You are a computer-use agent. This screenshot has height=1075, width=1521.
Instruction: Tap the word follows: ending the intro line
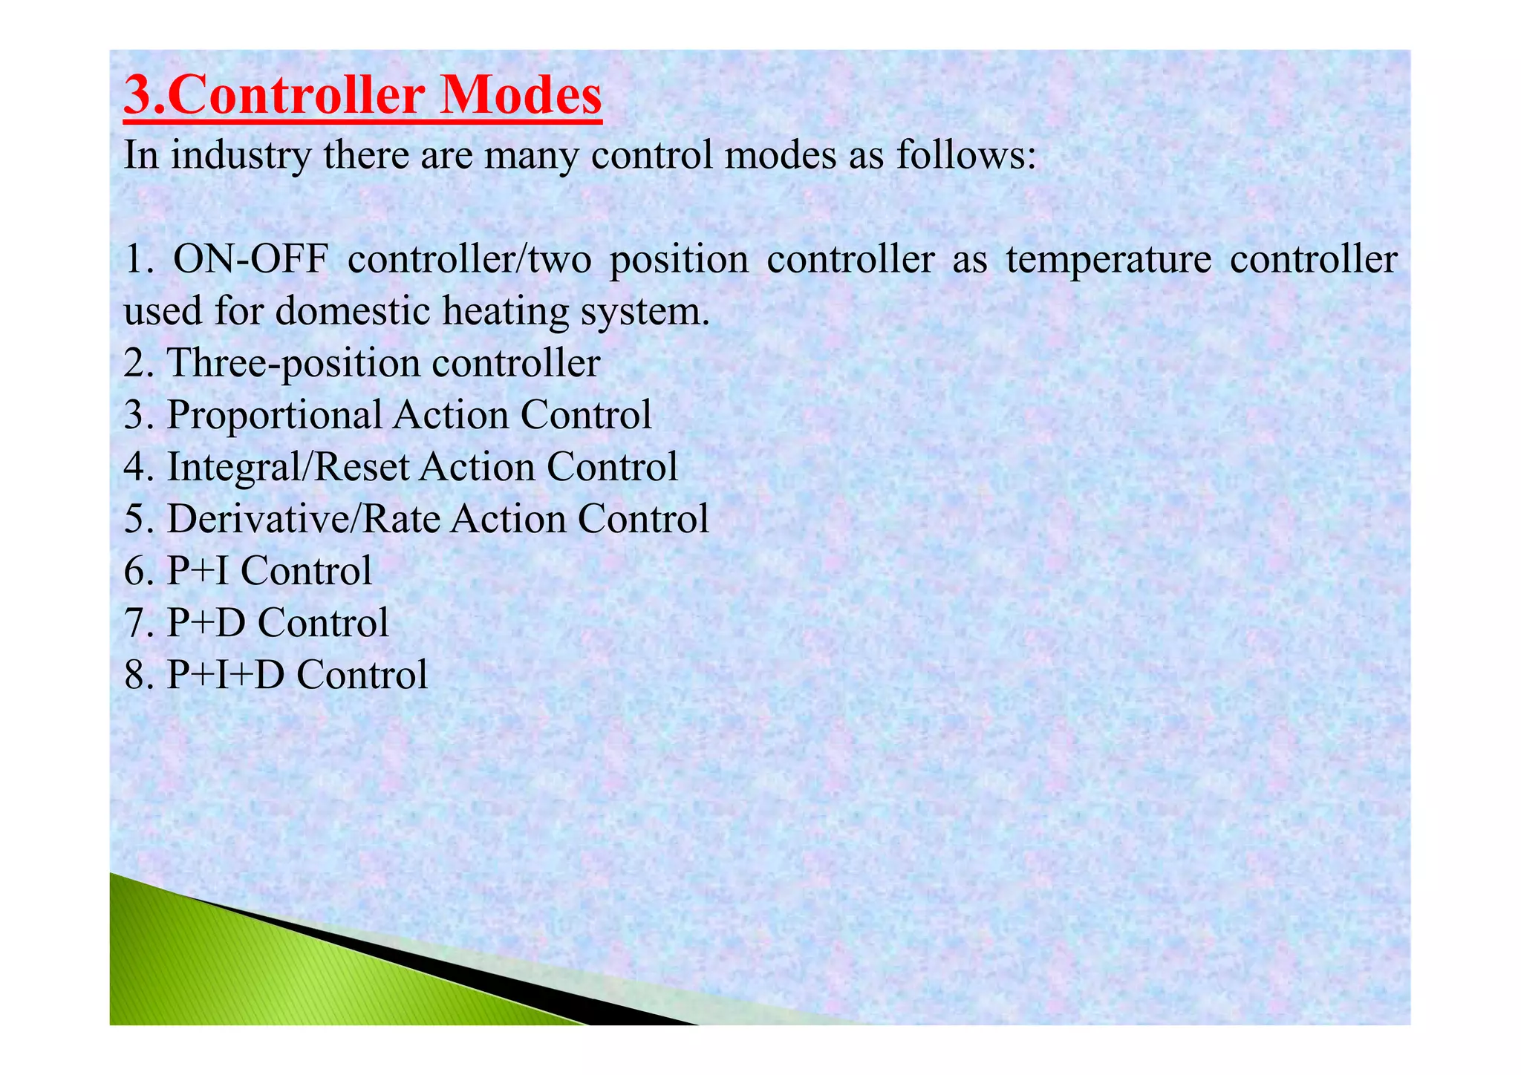point(965,156)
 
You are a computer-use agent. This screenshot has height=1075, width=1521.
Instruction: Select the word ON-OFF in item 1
point(250,260)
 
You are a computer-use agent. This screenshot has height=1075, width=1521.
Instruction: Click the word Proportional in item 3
point(274,416)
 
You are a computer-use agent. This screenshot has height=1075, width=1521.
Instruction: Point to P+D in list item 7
point(206,623)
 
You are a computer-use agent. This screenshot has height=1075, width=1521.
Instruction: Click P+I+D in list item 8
point(225,675)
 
